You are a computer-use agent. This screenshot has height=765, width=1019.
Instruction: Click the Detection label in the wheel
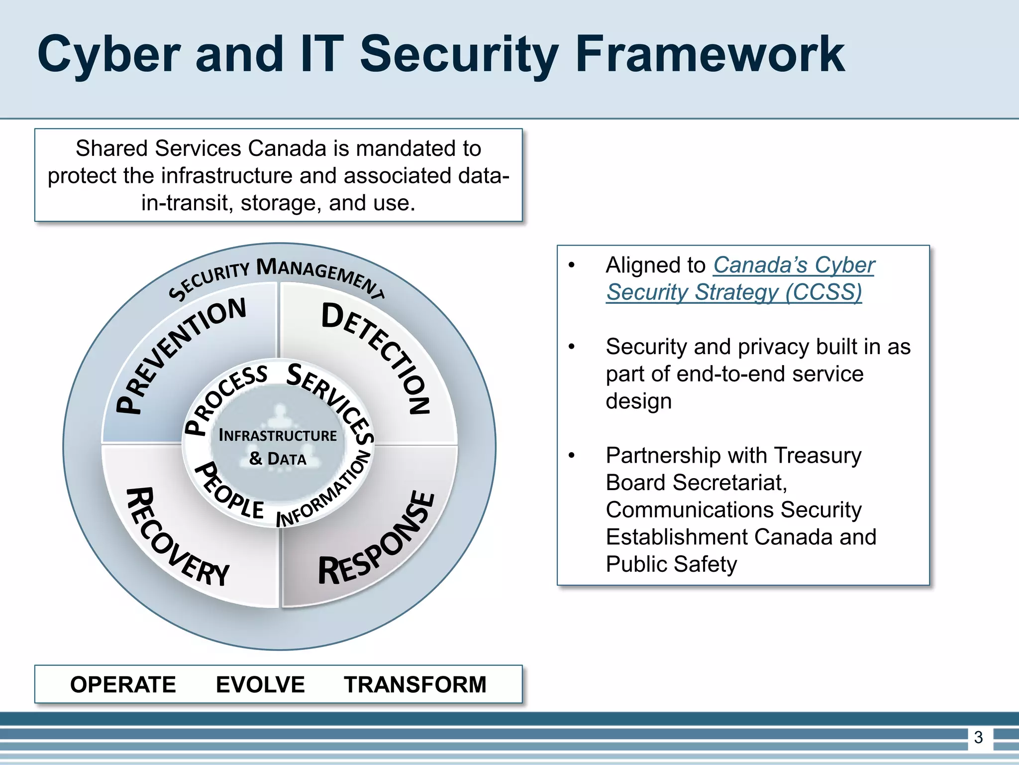click(378, 354)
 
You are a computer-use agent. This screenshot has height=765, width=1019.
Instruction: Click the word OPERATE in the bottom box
click(123, 684)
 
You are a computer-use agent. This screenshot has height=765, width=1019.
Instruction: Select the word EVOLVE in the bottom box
click(260, 684)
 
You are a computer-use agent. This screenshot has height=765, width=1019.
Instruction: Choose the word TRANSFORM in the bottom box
click(415, 684)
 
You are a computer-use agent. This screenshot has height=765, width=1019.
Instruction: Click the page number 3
click(978, 737)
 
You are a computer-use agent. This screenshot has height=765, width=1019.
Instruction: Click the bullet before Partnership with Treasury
click(572, 455)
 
